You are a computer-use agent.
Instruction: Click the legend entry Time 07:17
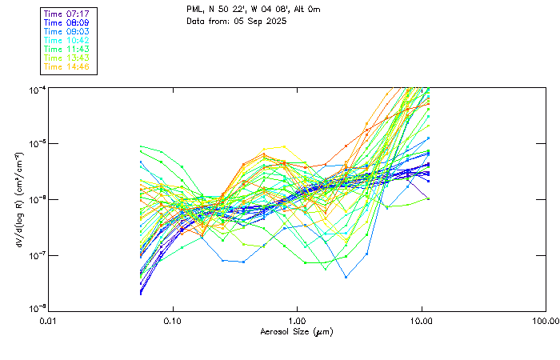[67, 14]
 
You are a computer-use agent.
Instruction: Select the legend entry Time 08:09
[67, 23]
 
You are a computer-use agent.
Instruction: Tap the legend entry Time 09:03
[67, 32]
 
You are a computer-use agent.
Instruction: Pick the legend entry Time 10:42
[67, 41]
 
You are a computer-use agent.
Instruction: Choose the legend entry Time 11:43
[67, 50]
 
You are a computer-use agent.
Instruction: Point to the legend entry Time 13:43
[67, 58]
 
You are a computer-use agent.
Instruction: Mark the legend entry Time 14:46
[67, 67]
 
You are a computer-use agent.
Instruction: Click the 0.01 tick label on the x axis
[48, 321]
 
